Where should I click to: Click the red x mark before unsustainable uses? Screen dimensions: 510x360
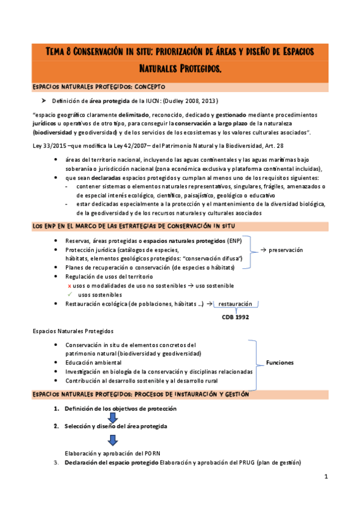(70, 286)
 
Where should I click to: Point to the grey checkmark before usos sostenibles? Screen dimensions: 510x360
(70, 295)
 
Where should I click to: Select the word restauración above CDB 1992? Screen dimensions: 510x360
(236, 304)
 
